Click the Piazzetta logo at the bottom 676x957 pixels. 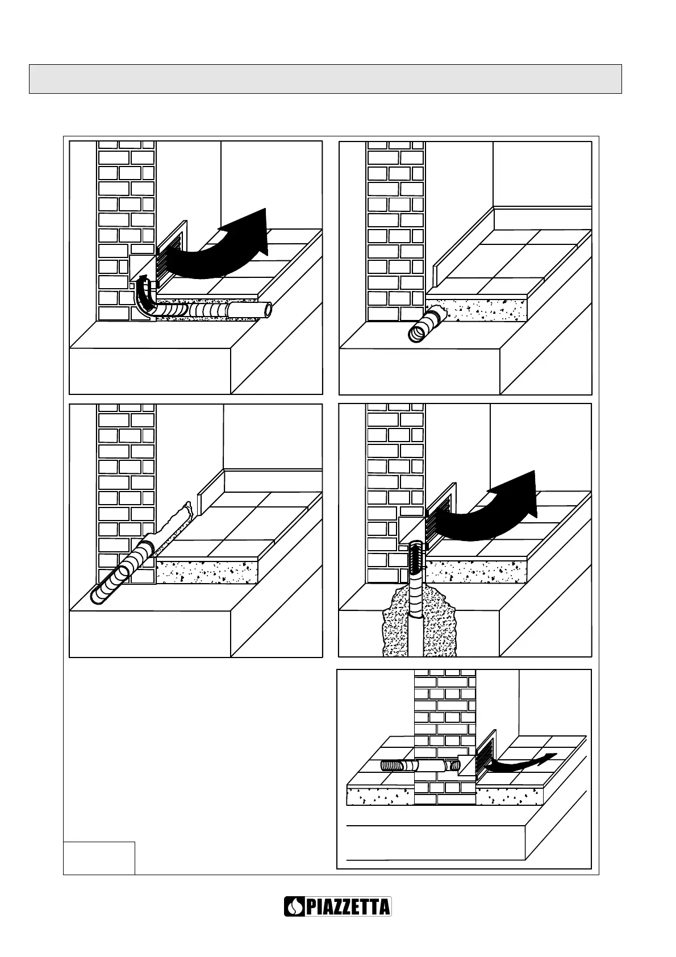[337, 906]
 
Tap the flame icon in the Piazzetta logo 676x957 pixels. [295, 906]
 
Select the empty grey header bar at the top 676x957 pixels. [325, 78]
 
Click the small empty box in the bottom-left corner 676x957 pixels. [99, 858]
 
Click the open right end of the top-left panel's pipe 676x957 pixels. [267, 310]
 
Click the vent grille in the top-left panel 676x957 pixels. [170, 252]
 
